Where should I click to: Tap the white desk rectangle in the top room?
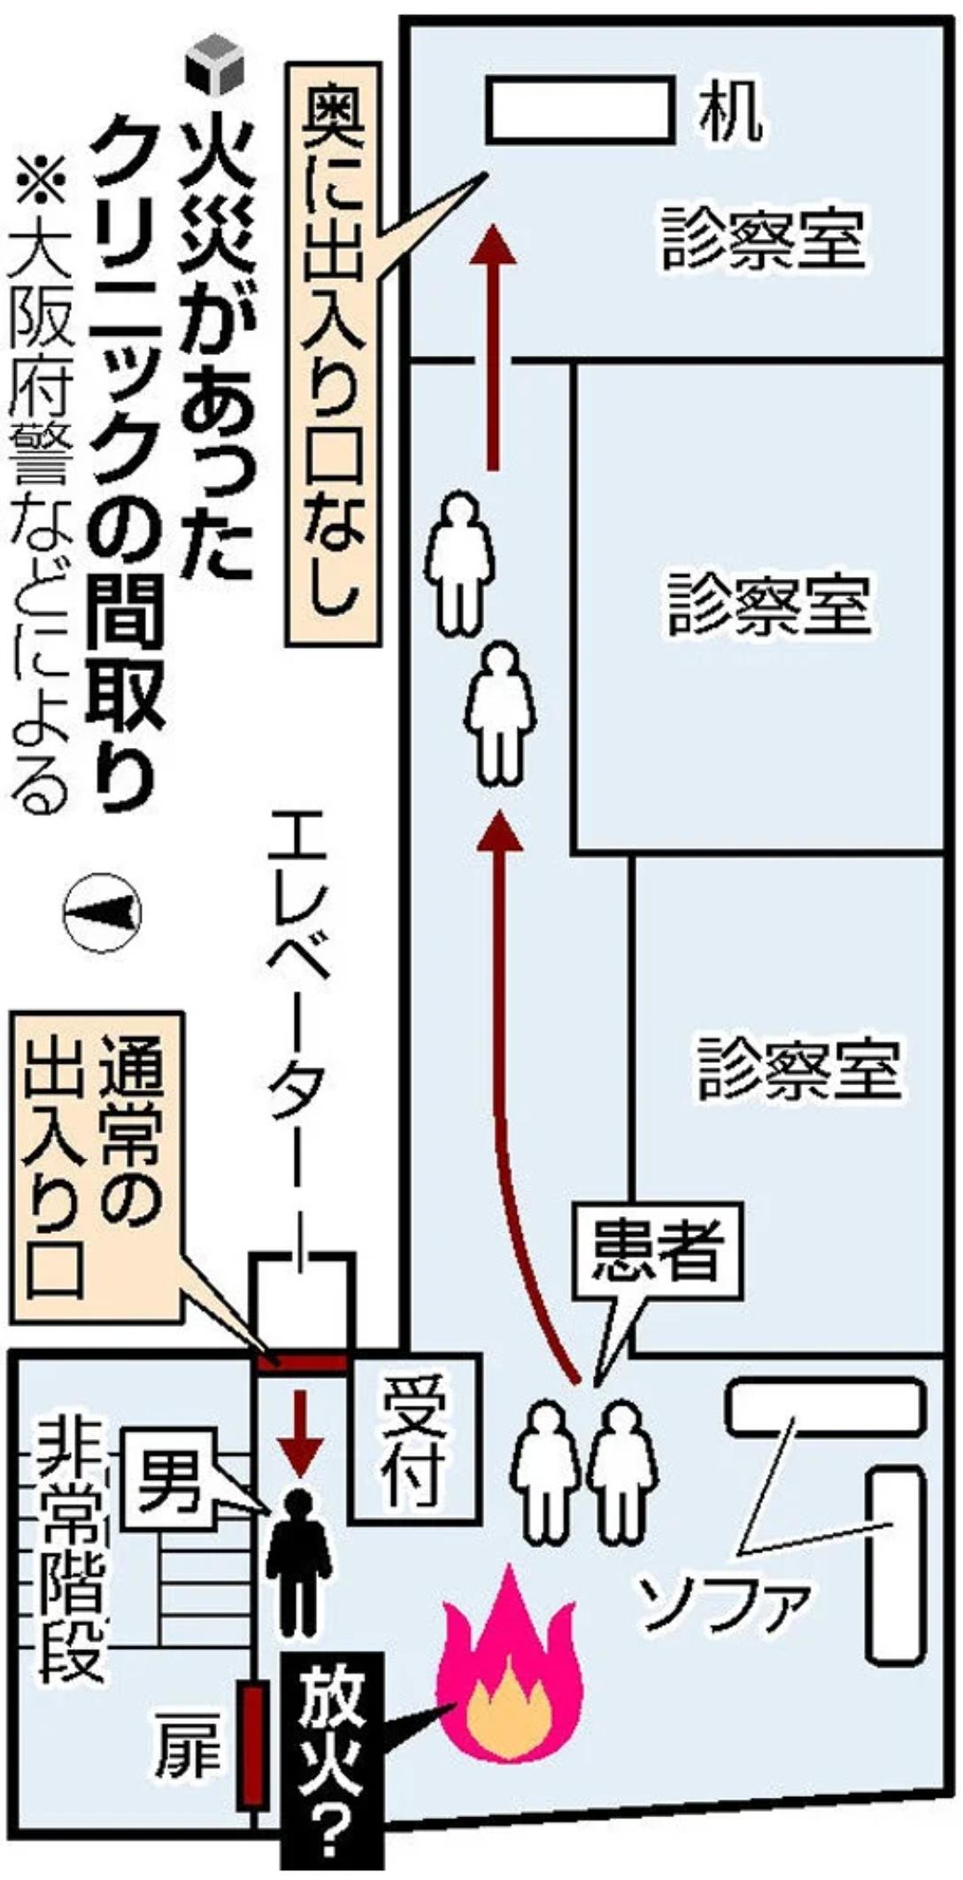[x=581, y=110]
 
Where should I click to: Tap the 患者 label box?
[x=656, y=1249]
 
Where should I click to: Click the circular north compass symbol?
[x=102, y=913]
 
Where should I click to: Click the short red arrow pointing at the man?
[x=299, y=1435]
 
